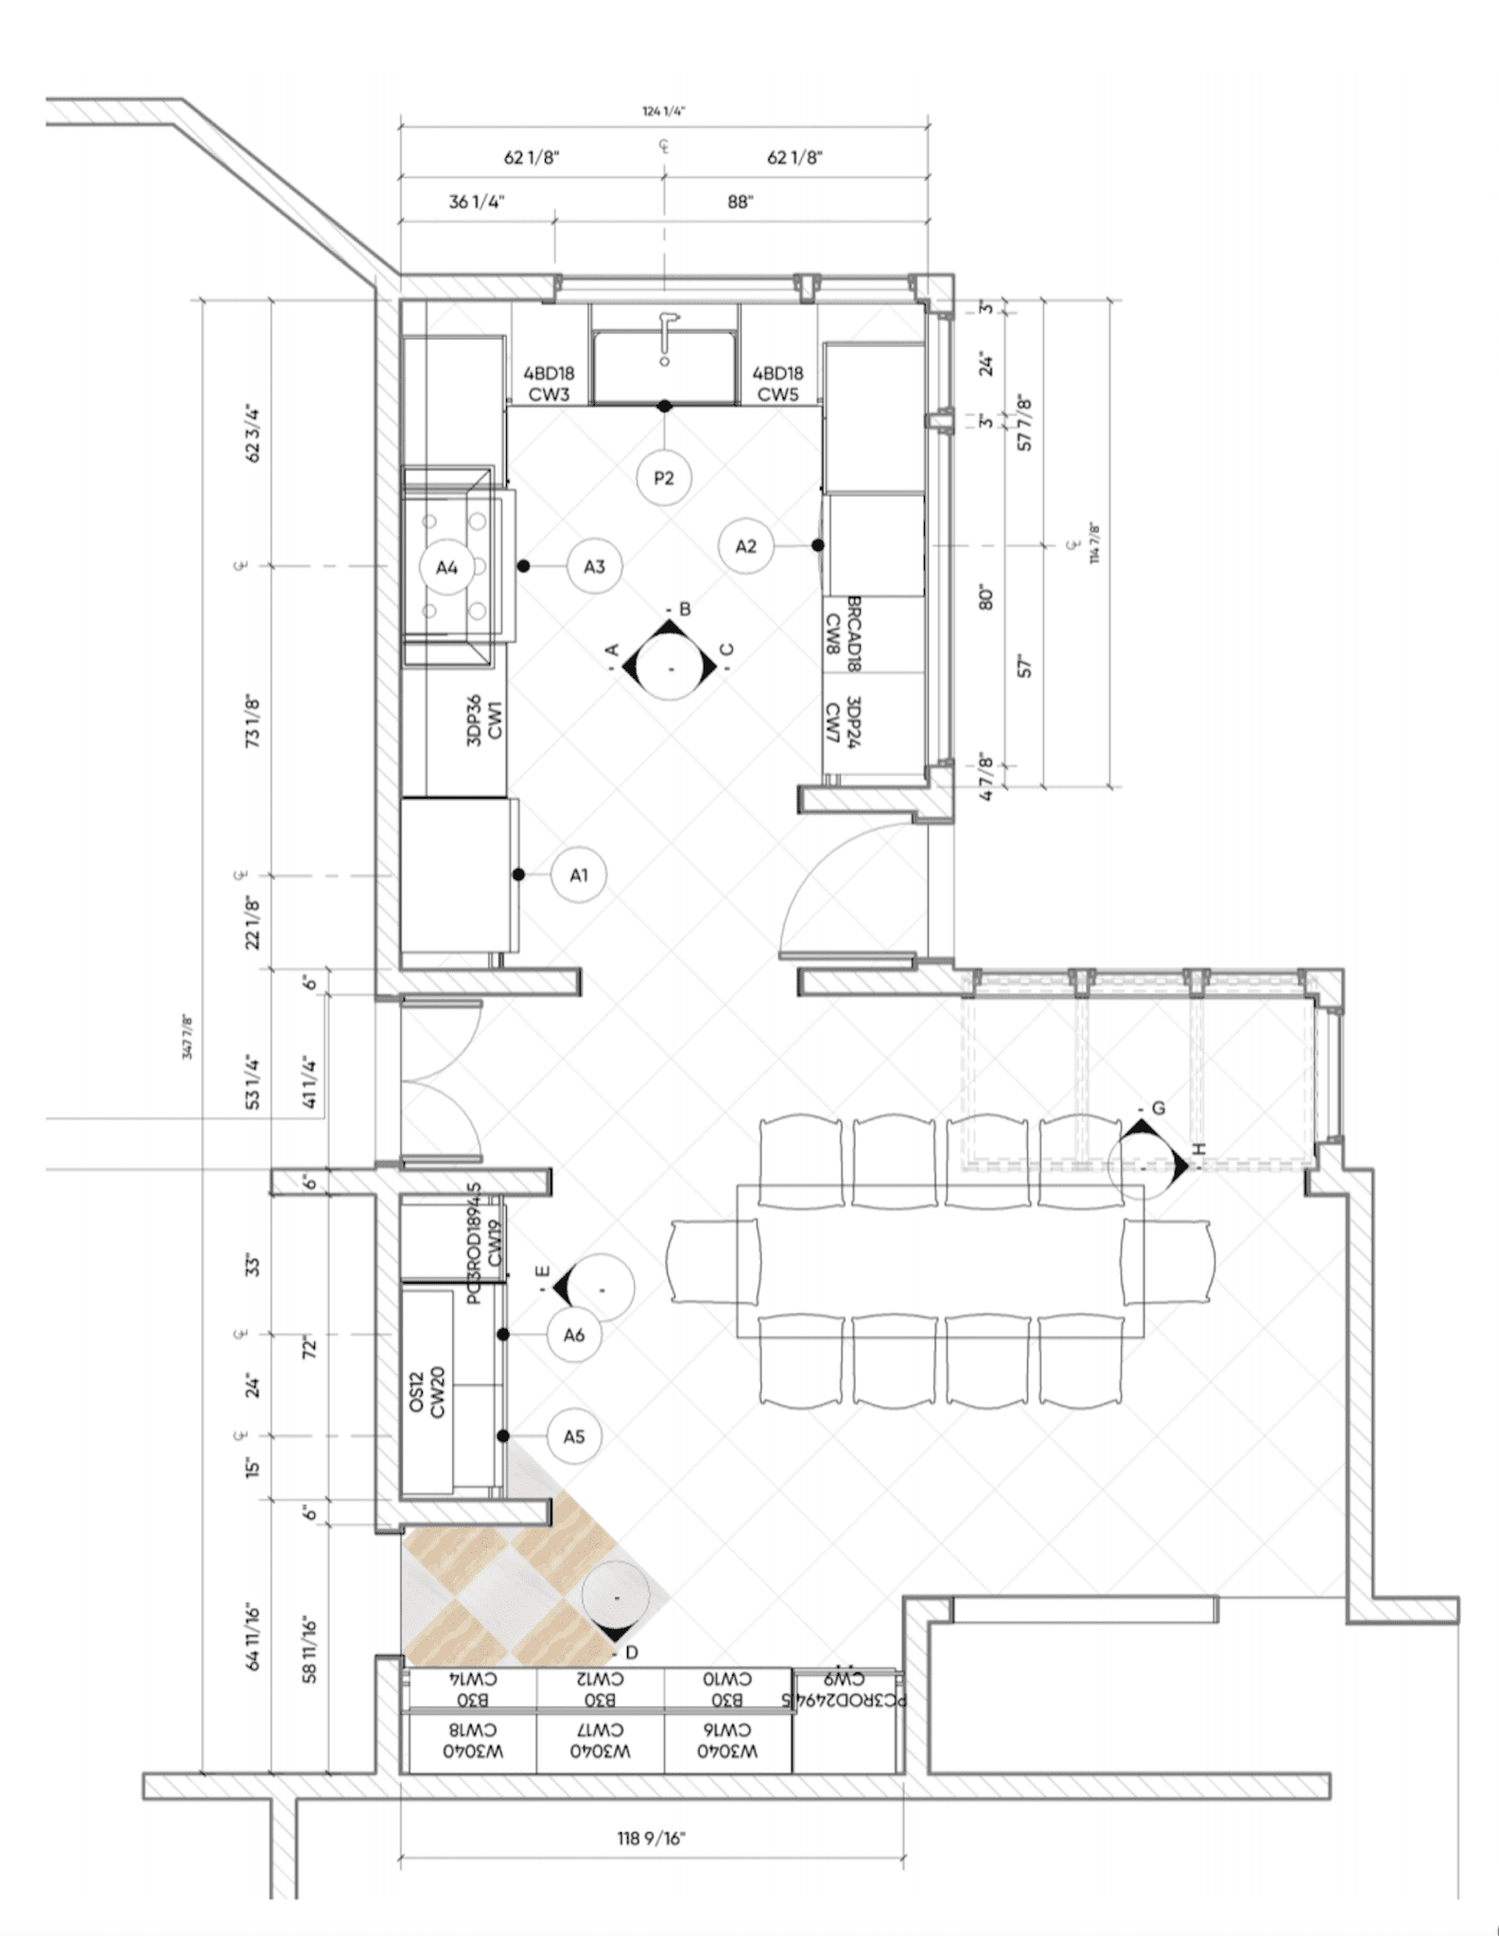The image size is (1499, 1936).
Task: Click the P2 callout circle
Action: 664,477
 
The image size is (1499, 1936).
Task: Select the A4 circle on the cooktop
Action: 447,567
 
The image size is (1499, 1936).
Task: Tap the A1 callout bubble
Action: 579,875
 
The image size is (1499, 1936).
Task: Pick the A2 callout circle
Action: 745,545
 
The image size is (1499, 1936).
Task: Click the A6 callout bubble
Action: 574,1335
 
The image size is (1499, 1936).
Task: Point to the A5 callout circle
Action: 574,1437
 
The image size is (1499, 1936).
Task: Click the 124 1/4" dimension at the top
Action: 664,112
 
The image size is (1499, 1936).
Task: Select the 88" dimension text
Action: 741,202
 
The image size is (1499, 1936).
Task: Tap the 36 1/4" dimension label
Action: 477,202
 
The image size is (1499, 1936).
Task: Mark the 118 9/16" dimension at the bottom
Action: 652,1839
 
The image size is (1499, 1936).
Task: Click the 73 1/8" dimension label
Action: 253,722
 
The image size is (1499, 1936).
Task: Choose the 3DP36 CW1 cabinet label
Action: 485,721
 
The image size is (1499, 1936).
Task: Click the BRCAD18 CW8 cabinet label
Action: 843,633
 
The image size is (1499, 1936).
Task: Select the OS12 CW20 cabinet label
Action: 427,1393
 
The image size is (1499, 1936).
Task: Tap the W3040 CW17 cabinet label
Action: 601,1740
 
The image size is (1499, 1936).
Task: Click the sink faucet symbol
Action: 666,336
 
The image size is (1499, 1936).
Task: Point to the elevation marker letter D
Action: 632,1652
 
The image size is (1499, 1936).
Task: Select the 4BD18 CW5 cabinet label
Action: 778,384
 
